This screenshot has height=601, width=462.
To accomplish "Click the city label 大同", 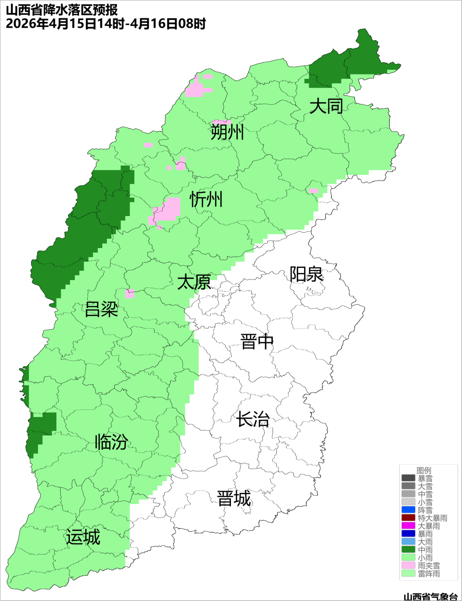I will (326, 106).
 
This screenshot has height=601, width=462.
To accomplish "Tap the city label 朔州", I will (227, 132).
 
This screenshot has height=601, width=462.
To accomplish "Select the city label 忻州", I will (206, 199).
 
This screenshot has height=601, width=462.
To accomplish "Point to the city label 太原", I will (194, 282).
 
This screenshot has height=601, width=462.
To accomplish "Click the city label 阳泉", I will (306, 274).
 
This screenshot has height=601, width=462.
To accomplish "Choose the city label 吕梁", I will (101, 309).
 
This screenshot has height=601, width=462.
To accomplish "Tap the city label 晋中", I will (257, 342).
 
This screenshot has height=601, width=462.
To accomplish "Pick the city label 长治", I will (253, 419).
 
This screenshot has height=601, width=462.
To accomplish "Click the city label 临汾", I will (111, 441).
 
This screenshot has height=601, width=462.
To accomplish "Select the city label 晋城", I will (234, 499).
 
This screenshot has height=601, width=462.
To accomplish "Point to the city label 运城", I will (83, 537).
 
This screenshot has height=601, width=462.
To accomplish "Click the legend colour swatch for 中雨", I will (408, 550).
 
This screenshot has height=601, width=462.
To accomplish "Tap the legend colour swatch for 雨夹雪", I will (408, 565).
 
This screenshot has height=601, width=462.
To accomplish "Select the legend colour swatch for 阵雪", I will (408, 510).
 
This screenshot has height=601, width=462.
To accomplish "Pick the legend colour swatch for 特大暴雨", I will (408, 518).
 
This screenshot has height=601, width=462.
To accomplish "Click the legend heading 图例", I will (424, 471).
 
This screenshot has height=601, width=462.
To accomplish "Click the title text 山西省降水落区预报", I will (62, 10).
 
